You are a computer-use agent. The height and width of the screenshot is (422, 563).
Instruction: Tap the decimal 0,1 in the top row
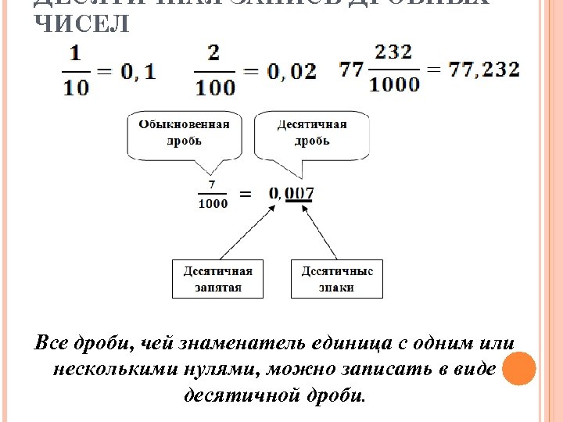(x=138, y=71)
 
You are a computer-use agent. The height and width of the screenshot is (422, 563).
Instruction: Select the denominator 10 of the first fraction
(x=76, y=87)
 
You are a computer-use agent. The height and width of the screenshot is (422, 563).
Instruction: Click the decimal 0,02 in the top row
(x=292, y=71)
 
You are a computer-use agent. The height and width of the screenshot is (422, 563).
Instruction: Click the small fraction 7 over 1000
(x=213, y=195)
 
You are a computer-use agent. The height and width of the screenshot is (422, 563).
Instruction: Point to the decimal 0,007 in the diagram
(x=291, y=193)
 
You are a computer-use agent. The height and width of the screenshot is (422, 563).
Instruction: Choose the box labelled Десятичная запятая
(x=218, y=279)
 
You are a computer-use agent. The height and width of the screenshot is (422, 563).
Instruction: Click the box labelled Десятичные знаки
(x=337, y=279)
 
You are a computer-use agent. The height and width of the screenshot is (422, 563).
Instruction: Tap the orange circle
(x=518, y=369)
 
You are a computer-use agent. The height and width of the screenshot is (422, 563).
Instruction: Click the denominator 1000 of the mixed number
(x=394, y=84)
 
